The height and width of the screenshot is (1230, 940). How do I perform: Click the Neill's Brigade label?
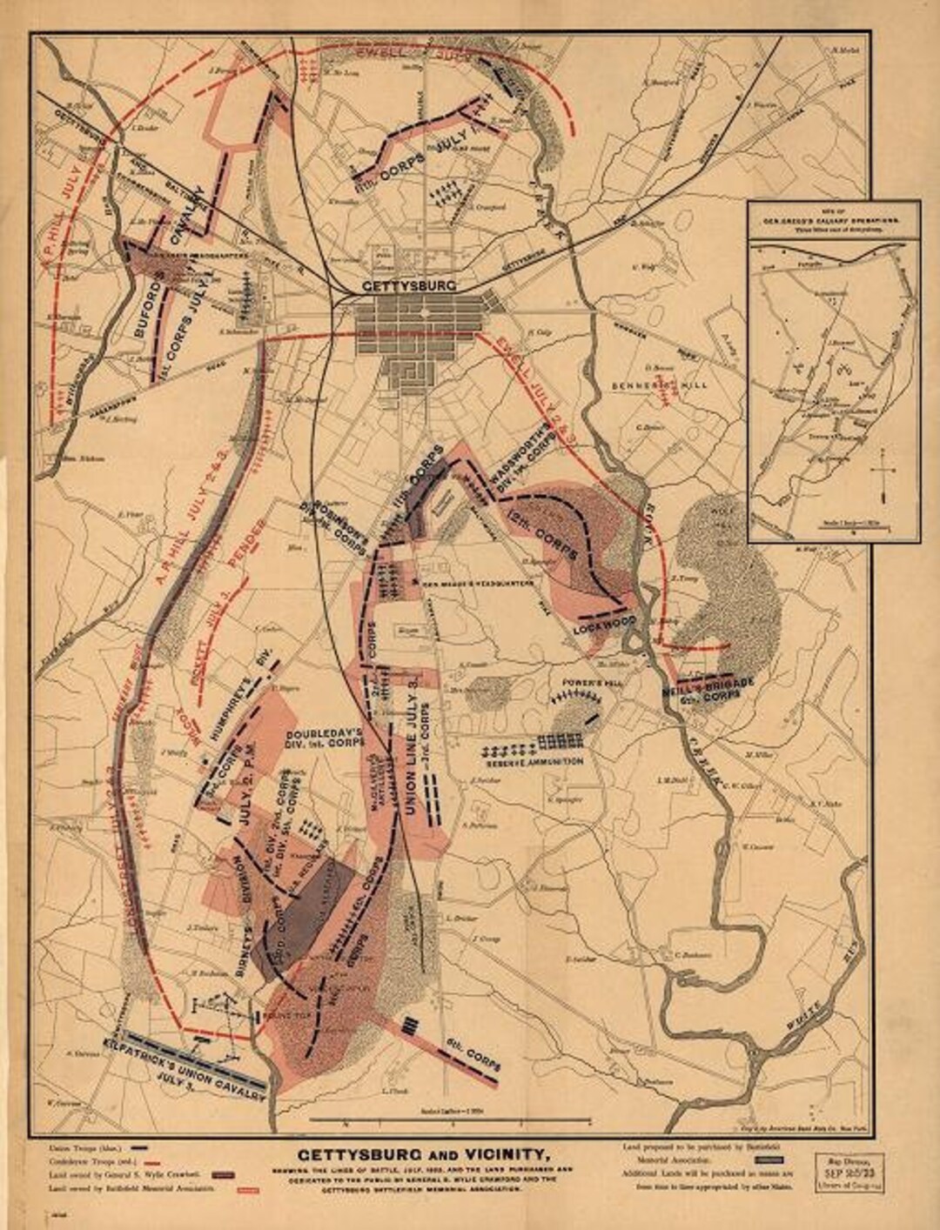pyautogui.click(x=706, y=690)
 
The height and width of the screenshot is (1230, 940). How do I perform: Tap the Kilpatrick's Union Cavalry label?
pyautogui.click(x=184, y=1068)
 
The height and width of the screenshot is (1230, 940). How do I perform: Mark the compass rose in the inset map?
pyautogui.click(x=883, y=475)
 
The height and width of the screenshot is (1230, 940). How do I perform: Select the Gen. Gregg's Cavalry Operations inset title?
pyautogui.click(x=833, y=217)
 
